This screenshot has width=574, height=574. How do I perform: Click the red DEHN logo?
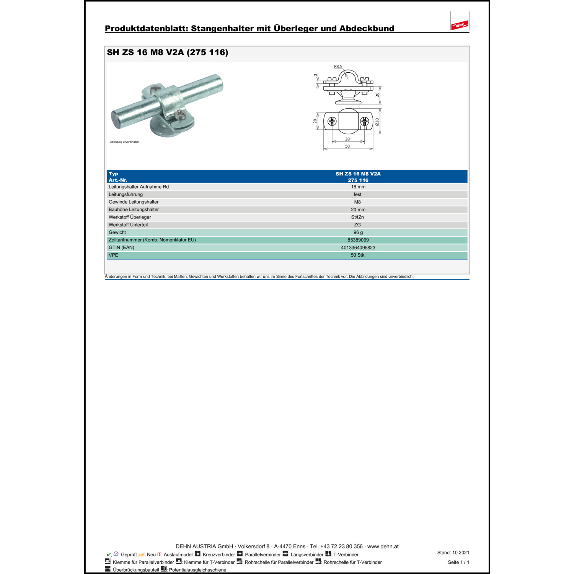460,25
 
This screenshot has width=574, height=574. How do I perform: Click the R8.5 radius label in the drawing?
338,67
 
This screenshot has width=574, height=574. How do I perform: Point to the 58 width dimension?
347,146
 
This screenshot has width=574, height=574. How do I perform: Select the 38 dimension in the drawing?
347,139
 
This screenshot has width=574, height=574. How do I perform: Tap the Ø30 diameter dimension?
377,122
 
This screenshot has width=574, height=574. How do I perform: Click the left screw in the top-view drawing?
332,122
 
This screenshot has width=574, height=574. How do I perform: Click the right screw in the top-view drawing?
364,122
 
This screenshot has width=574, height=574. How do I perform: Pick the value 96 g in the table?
358,233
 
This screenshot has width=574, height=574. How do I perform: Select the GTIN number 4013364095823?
358,248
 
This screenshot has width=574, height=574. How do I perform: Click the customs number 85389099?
358,240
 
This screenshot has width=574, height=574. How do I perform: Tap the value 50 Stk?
358,255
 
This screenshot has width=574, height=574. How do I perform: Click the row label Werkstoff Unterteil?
128,225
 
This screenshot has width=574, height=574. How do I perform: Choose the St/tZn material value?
357,217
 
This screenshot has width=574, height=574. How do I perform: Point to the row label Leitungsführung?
126,194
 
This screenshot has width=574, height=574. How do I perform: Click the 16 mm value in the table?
358,187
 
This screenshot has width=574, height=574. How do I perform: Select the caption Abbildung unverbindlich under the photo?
124,142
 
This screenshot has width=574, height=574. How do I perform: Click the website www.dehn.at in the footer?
383,546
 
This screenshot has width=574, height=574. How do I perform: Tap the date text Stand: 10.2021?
453,553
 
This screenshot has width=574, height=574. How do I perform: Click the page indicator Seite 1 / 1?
458,562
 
